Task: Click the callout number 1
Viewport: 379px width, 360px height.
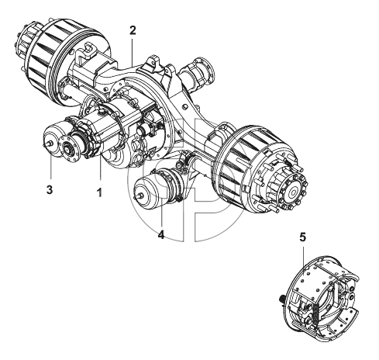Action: (x=99, y=192)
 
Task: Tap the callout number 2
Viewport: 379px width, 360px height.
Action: (x=133, y=30)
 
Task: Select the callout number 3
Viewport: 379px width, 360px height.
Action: (x=50, y=189)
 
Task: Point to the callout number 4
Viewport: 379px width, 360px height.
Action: (x=161, y=235)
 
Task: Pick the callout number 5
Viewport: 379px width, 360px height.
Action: (x=302, y=237)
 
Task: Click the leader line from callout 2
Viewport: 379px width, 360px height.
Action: (x=133, y=52)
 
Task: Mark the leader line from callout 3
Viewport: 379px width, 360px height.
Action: (x=51, y=166)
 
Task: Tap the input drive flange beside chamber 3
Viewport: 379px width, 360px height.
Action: (x=70, y=149)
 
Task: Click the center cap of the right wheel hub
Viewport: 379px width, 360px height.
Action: (x=294, y=192)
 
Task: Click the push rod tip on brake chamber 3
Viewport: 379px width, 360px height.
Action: (x=44, y=144)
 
